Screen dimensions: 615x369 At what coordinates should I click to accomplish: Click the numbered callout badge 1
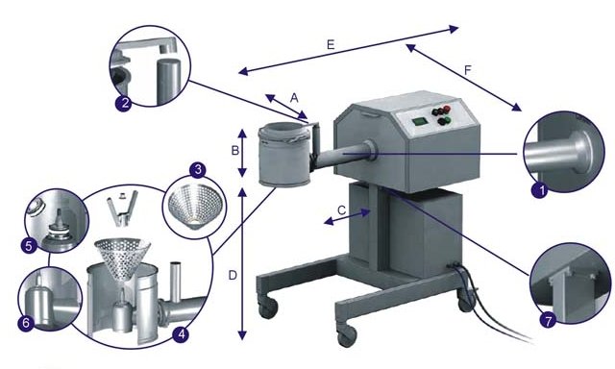pos(539,191)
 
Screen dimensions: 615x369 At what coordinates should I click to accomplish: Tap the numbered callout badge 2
pos(124,104)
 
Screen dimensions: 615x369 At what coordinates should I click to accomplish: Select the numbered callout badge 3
pos(198,170)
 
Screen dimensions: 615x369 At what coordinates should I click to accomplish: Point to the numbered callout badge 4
pos(181,334)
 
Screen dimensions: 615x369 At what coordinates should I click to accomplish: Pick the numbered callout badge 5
pos(29,246)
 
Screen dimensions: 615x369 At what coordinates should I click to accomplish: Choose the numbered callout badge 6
pos(26,323)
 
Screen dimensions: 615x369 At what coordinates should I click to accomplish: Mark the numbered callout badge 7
pos(548,320)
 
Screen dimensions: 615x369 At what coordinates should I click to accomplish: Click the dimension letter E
pos(331,45)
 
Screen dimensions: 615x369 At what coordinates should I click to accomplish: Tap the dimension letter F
pos(467,70)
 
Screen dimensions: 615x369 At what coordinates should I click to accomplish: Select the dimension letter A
pos(294,98)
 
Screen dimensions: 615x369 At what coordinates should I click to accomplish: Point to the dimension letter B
pos(234,151)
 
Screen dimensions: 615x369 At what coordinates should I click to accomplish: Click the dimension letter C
pos(342,210)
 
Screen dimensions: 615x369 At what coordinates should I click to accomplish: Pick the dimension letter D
pos(233,276)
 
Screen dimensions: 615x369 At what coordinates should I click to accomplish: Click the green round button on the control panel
pos(443,121)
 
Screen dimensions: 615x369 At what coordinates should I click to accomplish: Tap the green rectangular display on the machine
pos(419,122)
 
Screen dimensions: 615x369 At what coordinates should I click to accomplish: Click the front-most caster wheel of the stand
pos(347,334)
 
